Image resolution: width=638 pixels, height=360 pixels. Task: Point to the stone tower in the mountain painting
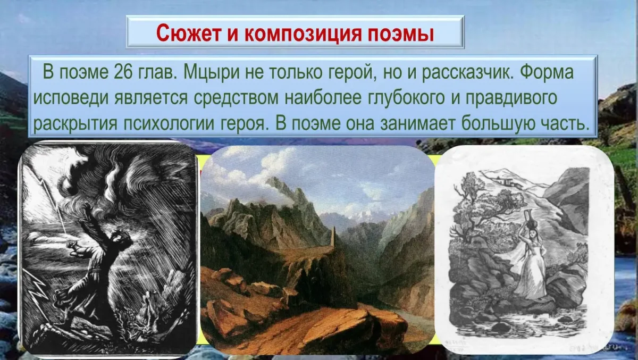[x=333, y=237]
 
